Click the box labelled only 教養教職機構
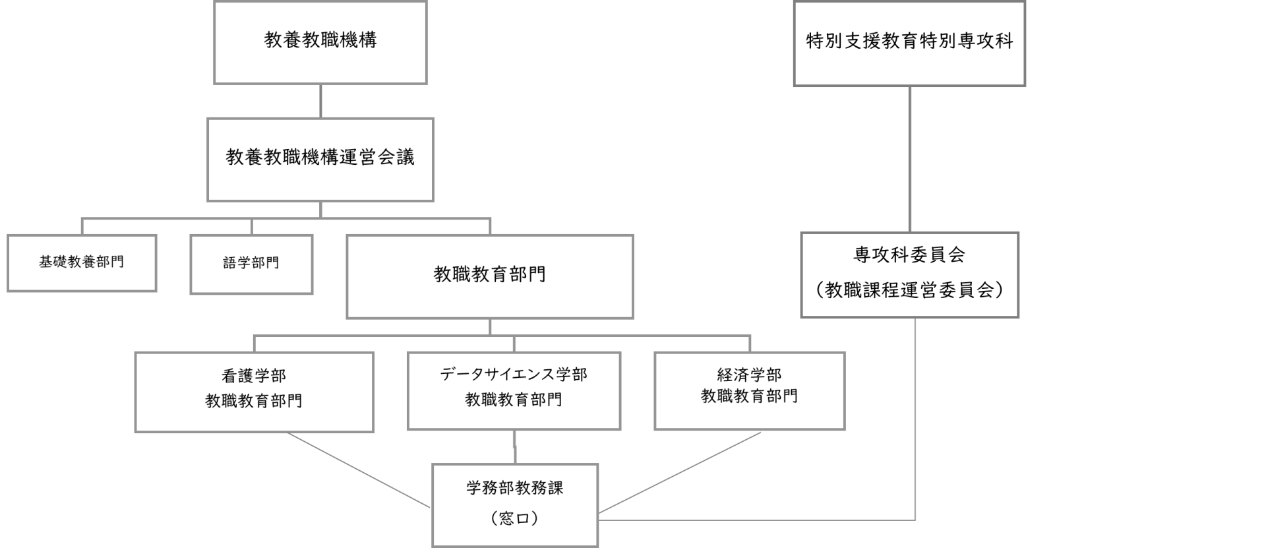(x=320, y=42)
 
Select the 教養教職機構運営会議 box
(x=320, y=159)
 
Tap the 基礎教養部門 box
(x=82, y=262)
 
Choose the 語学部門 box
(x=251, y=264)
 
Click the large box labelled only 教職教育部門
(x=489, y=276)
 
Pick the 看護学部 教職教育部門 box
(x=254, y=392)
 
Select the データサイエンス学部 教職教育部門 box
(x=514, y=390)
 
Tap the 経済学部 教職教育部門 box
(x=749, y=390)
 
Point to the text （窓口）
(x=515, y=519)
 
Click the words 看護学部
(x=254, y=376)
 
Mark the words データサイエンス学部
(x=514, y=375)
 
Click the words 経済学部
(x=749, y=375)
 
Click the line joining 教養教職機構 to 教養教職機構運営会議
(x=320, y=101)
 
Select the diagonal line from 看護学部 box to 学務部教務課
(x=359, y=470)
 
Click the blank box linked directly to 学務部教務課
(x=909, y=275)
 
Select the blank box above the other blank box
(x=909, y=44)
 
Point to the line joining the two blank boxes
(x=910, y=159)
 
